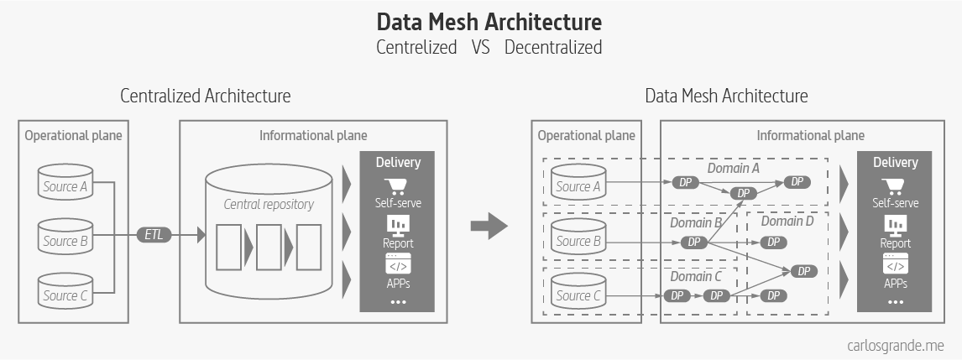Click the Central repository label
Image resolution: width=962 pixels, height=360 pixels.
[269, 204]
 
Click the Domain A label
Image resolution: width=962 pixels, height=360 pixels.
[733, 169]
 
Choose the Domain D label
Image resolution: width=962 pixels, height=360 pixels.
[787, 222]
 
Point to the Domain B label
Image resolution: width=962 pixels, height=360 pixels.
[696, 223]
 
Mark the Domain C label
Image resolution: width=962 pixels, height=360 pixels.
[696, 276]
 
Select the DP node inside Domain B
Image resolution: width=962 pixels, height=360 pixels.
[693, 242]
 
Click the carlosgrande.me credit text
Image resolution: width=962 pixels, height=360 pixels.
[896, 344]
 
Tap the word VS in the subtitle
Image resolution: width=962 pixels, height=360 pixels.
[480, 48]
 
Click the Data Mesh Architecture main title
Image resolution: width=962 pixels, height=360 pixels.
[489, 21]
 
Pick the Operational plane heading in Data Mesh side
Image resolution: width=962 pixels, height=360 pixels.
[586, 135]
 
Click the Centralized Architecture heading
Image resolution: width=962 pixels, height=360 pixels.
[206, 96]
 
